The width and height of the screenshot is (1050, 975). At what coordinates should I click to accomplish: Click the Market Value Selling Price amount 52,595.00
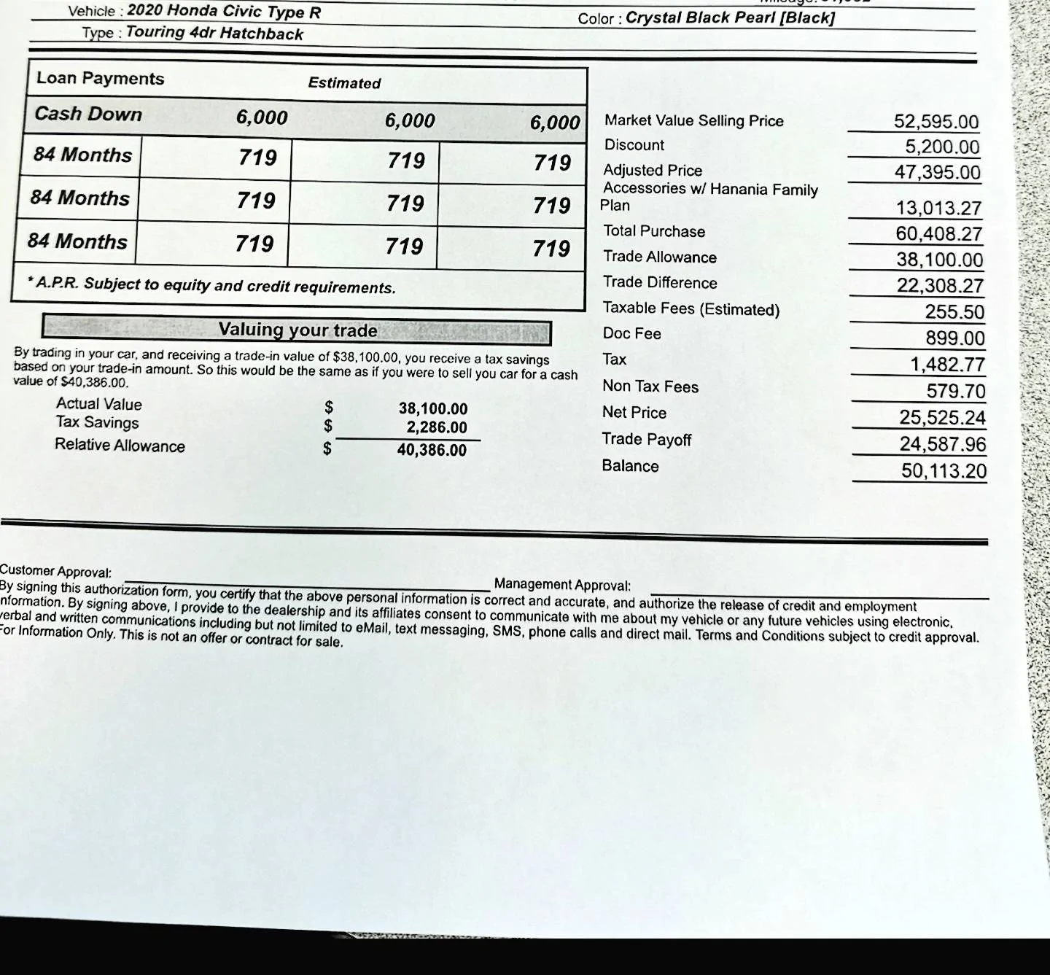point(936,122)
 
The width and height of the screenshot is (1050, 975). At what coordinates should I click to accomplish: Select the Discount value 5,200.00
point(942,147)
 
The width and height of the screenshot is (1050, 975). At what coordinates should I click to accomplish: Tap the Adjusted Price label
point(653,171)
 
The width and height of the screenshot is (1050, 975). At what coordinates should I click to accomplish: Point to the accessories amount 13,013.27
point(938,209)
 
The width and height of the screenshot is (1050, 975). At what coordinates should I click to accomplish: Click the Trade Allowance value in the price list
point(939,260)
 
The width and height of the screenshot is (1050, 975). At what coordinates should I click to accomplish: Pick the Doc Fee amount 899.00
point(954,338)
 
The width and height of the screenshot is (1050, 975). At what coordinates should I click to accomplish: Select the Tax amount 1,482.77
point(947,365)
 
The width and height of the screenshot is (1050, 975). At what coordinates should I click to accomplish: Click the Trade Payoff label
point(646,439)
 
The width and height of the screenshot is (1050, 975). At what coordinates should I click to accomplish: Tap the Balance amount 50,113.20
point(944,471)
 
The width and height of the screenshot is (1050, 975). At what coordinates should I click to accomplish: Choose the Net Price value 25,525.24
point(942,418)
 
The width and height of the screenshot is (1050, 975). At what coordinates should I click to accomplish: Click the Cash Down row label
point(88,114)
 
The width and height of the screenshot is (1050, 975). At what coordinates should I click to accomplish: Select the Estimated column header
point(344,83)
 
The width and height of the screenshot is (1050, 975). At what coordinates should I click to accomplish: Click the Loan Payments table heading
point(101,79)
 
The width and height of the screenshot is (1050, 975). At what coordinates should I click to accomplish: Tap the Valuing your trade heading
point(297,330)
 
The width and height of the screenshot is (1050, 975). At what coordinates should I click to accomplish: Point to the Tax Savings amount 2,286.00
point(437,427)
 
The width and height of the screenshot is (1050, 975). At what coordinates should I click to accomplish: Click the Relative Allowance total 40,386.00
point(432,450)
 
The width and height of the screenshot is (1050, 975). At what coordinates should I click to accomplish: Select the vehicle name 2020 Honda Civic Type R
point(224,12)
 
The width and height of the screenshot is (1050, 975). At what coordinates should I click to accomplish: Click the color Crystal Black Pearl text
point(729,18)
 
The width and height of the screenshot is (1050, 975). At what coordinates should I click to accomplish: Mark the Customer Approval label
point(55,571)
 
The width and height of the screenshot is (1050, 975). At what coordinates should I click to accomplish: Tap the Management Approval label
point(562,585)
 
